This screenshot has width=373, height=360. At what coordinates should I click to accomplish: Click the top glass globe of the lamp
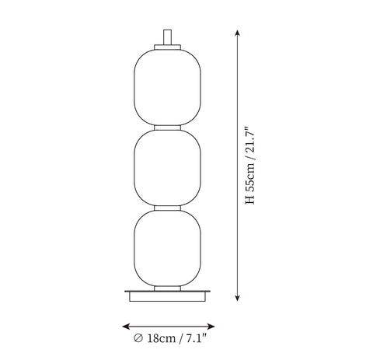tap(167, 87)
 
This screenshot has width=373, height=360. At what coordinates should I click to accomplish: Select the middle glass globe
tap(167, 168)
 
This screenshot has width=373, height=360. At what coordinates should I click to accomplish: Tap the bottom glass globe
tap(167, 248)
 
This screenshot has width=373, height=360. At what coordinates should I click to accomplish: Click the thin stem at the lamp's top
tap(167, 37)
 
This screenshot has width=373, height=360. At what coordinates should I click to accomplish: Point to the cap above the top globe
tap(167, 47)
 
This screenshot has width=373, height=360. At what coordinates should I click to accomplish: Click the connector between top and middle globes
tap(167, 128)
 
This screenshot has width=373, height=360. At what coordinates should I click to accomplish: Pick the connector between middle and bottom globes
tap(167, 208)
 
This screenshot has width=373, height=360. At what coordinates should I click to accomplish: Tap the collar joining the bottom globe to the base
tap(167, 288)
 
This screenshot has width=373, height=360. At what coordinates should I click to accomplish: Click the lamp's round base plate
tap(167, 296)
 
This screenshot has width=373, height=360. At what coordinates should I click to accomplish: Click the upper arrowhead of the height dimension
tap(237, 33)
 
